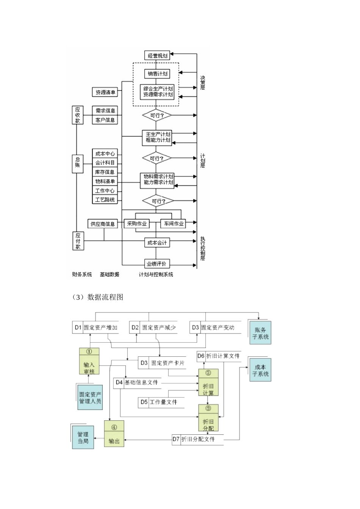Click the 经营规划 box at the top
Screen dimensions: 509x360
click(x=157, y=55)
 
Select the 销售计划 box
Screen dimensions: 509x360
click(x=157, y=73)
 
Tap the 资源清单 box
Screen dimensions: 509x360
click(x=105, y=92)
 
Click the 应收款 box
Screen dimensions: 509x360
click(x=78, y=115)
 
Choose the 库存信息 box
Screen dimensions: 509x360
click(x=105, y=172)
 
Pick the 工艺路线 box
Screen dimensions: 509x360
click(x=105, y=200)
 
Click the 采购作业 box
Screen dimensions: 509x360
click(x=136, y=223)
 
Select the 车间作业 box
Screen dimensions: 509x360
click(x=174, y=223)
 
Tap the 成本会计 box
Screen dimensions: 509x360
click(x=157, y=242)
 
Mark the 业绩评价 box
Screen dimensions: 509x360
click(x=157, y=264)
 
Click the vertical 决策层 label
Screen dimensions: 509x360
click(x=203, y=83)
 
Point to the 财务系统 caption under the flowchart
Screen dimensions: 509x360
click(x=82, y=274)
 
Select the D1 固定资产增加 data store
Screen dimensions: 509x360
click(x=95, y=328)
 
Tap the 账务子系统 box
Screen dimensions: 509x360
click(x=260, y=333)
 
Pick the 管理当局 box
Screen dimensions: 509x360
click(x=83, y=437)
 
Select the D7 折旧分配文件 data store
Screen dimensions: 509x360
click(x=197, y=439)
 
